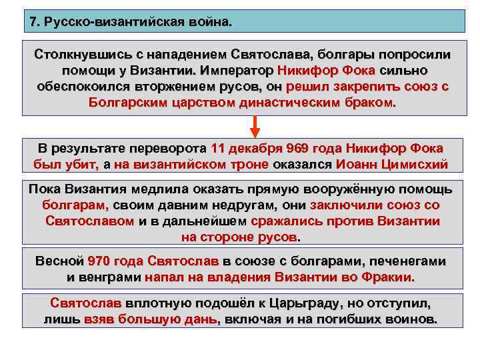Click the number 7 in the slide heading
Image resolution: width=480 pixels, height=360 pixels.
[x=34, y=22]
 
